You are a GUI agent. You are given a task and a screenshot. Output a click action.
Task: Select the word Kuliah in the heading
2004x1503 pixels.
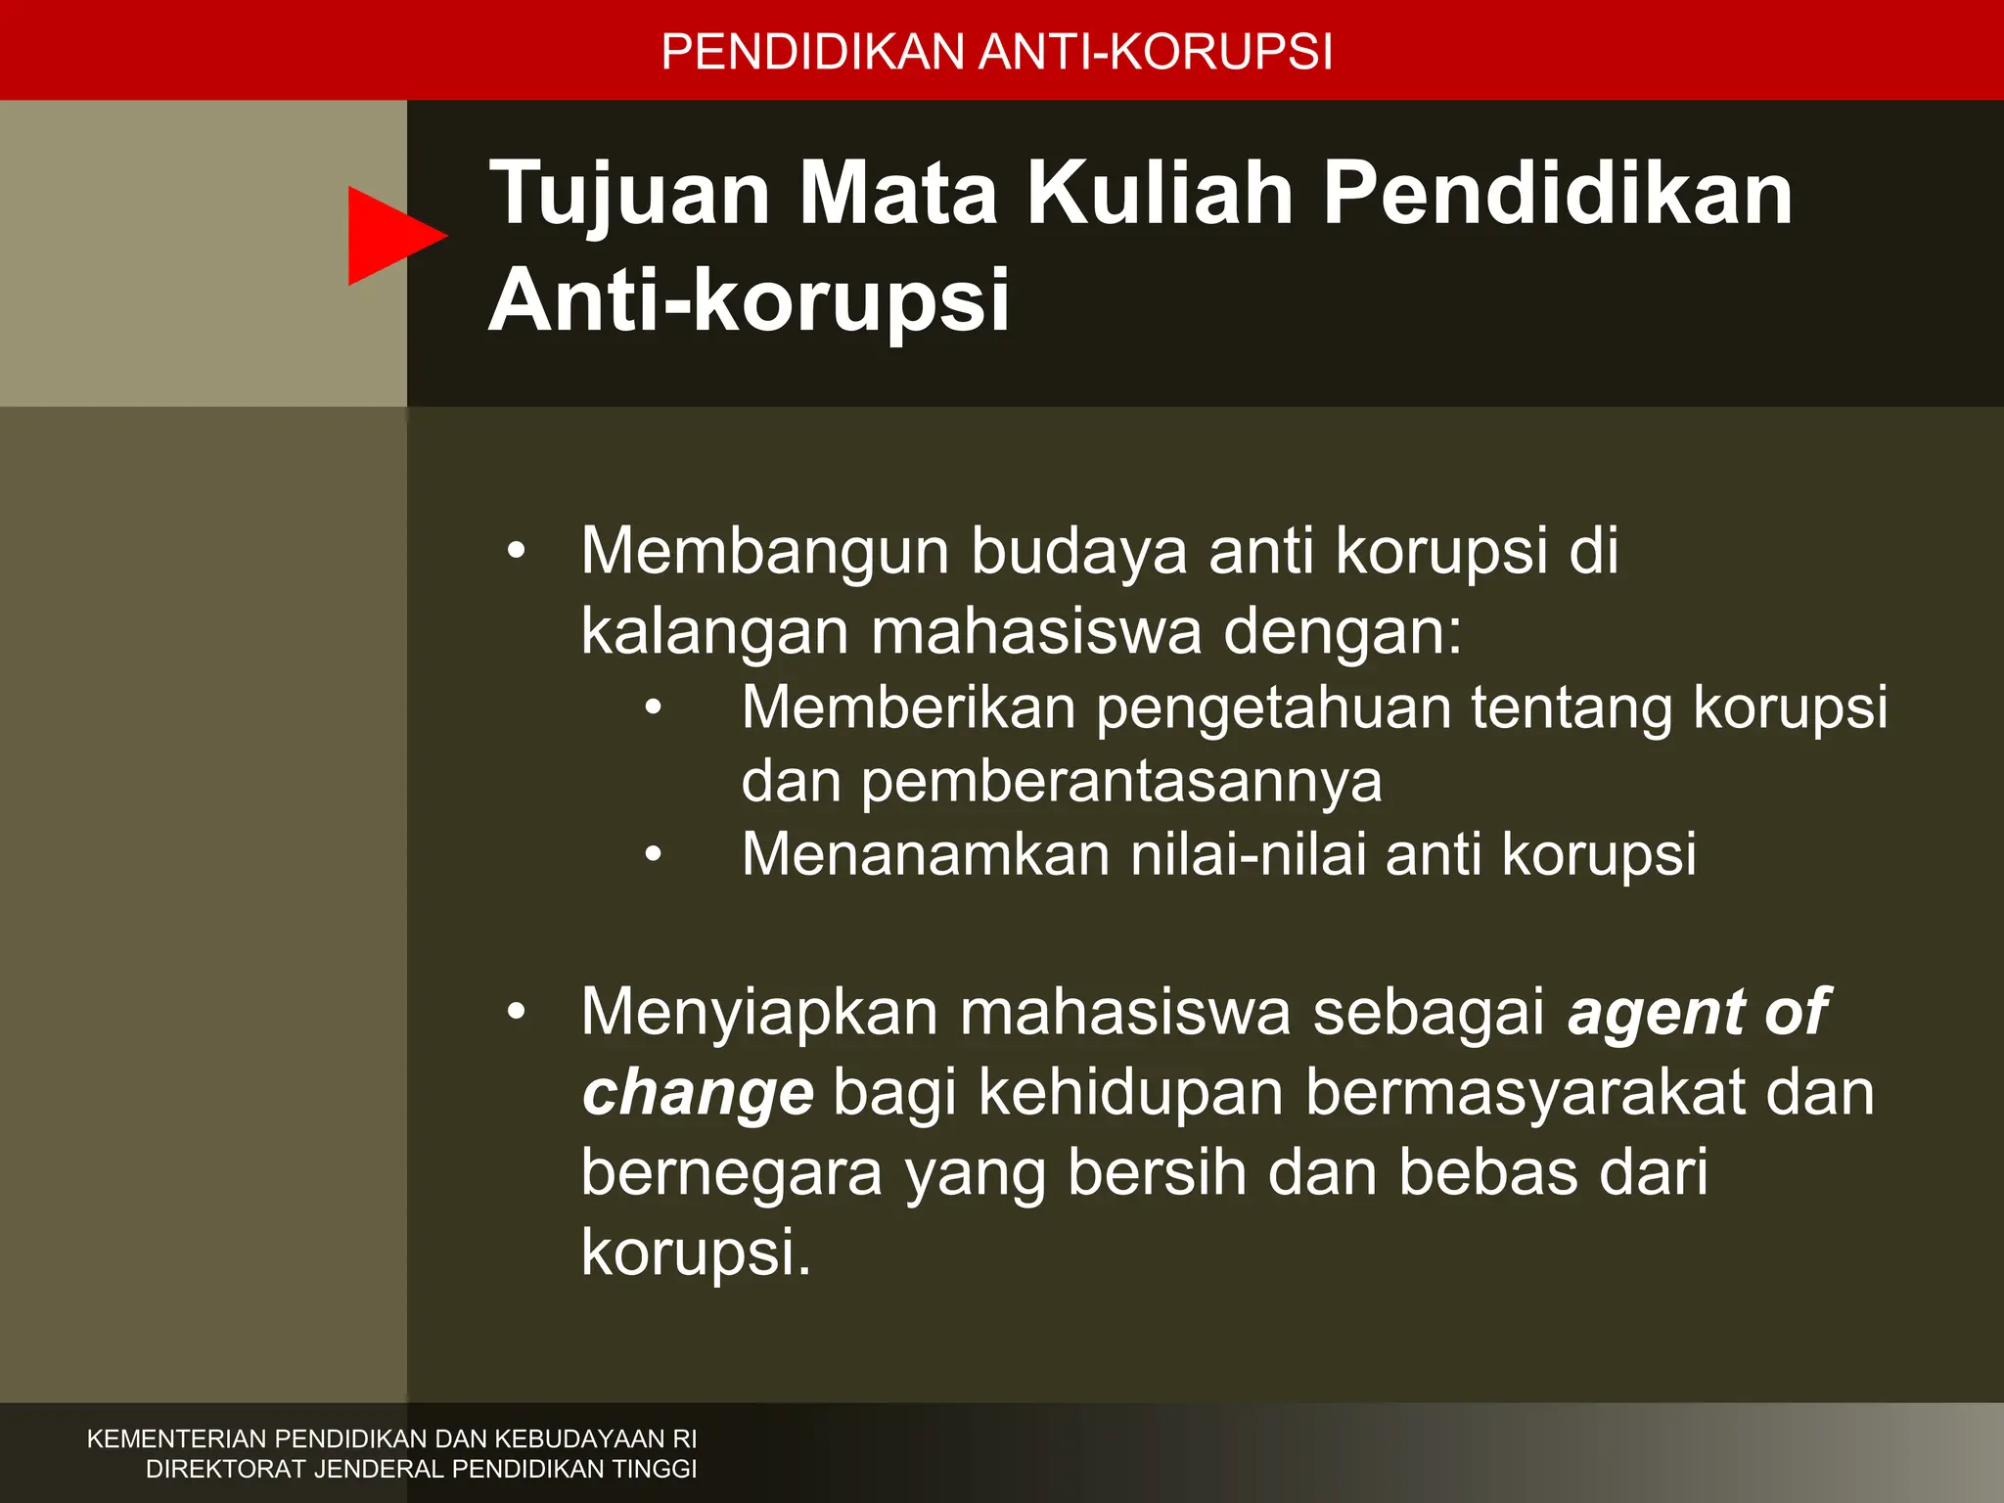pos(1161,194)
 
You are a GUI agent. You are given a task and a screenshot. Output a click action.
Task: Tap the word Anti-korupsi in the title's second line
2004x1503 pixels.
pos(749,300)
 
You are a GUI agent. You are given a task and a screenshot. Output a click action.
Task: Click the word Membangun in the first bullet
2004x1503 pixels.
pos(764,552)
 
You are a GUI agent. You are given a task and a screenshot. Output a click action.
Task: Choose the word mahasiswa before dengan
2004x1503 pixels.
pos(1035,632)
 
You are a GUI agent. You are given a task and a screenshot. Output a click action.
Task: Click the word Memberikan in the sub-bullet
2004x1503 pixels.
pos(908,707)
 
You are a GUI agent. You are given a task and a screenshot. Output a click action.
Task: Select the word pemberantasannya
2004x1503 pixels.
pos(1121,781)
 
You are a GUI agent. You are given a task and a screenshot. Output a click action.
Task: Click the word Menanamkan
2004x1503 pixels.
pos(925,854)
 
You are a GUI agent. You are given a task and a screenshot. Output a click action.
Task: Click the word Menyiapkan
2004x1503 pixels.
pos(759,1013)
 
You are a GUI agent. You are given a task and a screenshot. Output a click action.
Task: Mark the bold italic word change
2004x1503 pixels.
pos(698,1094)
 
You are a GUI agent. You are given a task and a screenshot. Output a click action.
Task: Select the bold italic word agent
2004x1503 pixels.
pos(1655,1013)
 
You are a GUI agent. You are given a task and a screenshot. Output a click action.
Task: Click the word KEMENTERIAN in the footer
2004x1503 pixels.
pos(176,1439)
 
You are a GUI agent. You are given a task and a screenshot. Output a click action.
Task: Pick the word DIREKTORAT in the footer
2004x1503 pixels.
pos(225,1469)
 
